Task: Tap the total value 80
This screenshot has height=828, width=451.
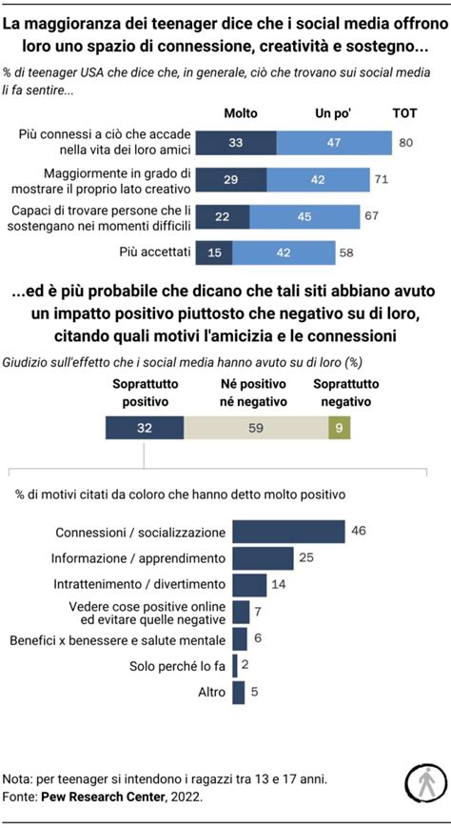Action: [404, 143]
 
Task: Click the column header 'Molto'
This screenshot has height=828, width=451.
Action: [241, 113]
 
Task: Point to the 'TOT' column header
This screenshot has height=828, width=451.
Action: [404, 113]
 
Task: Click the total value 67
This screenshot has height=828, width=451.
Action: [372, 215]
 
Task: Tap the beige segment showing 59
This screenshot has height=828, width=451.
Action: [255, 428]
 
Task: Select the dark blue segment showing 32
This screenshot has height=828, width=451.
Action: [145, 428]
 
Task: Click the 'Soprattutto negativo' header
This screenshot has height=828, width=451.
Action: [345, 392]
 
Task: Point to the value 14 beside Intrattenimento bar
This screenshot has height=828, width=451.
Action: [278, 584]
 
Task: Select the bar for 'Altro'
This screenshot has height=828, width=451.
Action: [238, 692]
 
